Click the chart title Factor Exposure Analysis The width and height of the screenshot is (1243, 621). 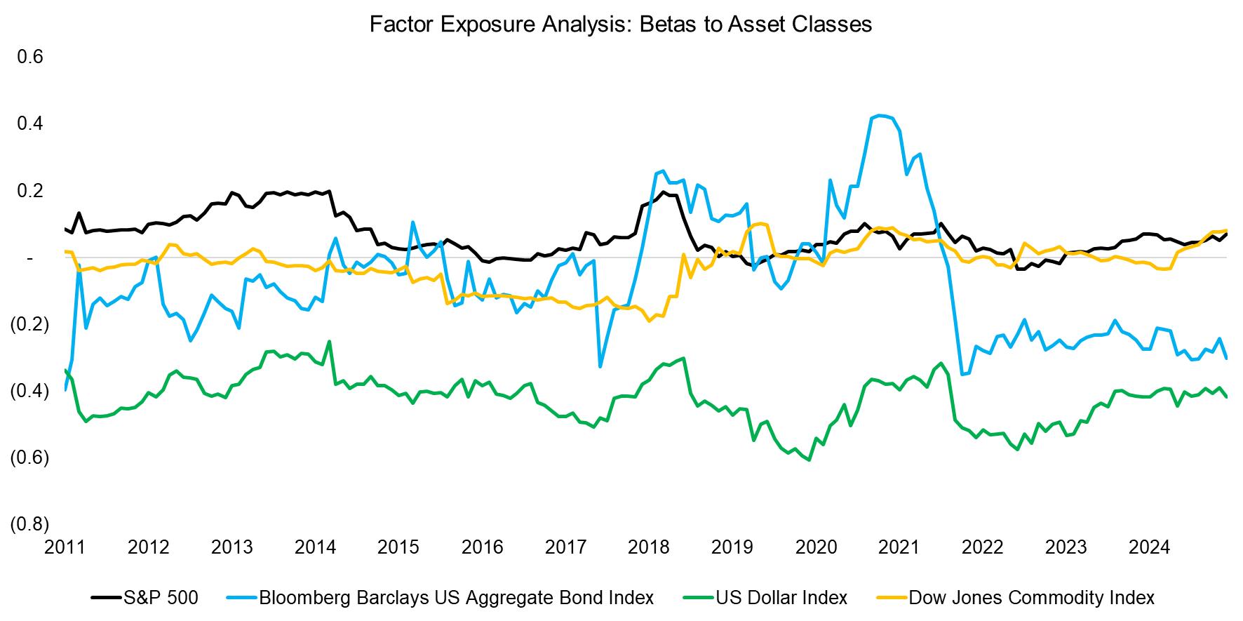620,24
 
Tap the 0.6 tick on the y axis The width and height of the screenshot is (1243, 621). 30,56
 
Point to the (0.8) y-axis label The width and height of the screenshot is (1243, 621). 29,524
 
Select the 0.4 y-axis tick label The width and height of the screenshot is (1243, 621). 30,123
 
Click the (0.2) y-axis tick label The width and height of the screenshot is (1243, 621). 29,324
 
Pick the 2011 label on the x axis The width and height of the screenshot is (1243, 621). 65,547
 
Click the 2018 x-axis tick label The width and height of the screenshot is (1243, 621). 648,547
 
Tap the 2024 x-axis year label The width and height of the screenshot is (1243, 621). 1149,547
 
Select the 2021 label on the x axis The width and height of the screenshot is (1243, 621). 899,547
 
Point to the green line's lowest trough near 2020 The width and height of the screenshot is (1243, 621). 809,460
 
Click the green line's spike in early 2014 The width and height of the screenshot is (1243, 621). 330,342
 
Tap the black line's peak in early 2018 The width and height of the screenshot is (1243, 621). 662,192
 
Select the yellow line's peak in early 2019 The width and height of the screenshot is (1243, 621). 760,224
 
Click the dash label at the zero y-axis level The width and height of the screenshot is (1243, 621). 29,258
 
